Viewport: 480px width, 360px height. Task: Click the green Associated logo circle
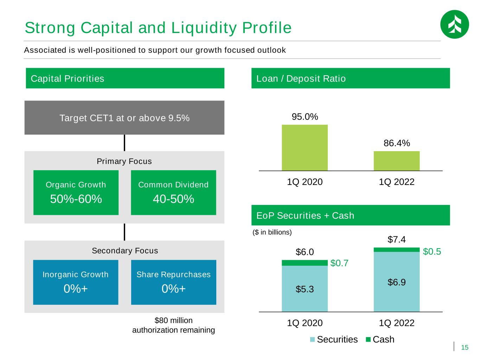[x=454, y=24]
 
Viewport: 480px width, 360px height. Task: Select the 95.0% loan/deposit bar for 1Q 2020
[x=305, y=148]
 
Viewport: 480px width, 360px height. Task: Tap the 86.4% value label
[x=397, y=143]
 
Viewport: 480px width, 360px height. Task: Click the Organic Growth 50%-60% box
[x=76, y=192]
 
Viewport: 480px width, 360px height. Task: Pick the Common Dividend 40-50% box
[x=173, y=192]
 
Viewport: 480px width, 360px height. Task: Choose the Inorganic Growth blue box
[x=76, y=282]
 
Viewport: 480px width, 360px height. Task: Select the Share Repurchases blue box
[x=173, y=282]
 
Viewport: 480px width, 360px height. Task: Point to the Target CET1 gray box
[x=124, y=118]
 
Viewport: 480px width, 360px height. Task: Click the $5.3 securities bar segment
[x=305, y=289]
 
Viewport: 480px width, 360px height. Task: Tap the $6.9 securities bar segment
[x=397, y=282]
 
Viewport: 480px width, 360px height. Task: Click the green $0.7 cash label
[x=339, y=263]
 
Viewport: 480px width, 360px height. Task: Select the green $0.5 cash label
[x=432, y=252]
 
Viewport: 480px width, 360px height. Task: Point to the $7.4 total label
[x=397, y=240]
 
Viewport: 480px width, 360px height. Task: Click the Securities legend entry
[x=334, y=340]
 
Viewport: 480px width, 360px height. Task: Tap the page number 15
[x=465, y=348]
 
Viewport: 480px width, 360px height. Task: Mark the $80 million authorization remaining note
[x=173, y=325]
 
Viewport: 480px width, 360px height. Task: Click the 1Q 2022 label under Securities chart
[x=397, y=323]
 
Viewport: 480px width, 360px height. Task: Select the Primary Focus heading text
[x=124, y=161]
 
